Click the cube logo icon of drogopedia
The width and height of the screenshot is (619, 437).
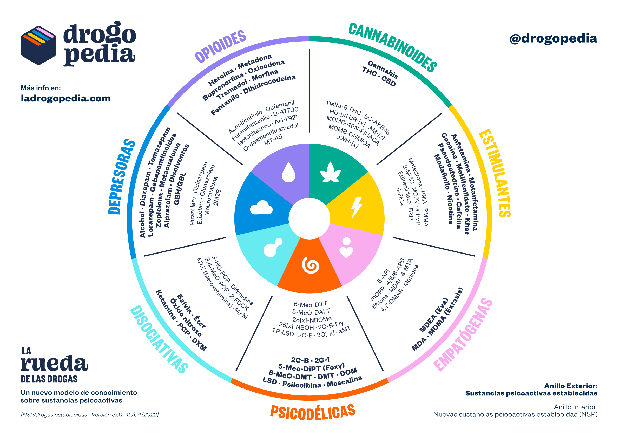[x=38, y=45]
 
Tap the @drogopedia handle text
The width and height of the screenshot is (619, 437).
[x=553, y=39]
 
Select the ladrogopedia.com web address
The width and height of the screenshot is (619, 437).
[x=66, y=98]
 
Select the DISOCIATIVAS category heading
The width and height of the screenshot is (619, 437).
[x=159, y=339]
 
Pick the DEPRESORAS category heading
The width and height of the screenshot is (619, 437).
[x=122, y=177]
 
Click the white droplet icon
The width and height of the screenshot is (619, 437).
[x=288, y=172]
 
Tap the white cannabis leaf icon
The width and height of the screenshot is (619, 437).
[x=330, y=172]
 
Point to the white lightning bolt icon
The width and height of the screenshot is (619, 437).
[x=357, y=208]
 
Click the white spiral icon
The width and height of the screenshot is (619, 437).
[x=311, y=265]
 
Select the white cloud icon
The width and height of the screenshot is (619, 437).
[x=261, y=208]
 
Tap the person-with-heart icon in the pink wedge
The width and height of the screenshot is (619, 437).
[x=346, y=248]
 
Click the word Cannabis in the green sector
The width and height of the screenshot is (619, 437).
[x=383, y=70]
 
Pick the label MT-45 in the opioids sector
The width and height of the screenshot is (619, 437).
[x=273, y=140]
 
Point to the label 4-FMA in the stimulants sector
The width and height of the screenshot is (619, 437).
[x=400, y=197]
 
